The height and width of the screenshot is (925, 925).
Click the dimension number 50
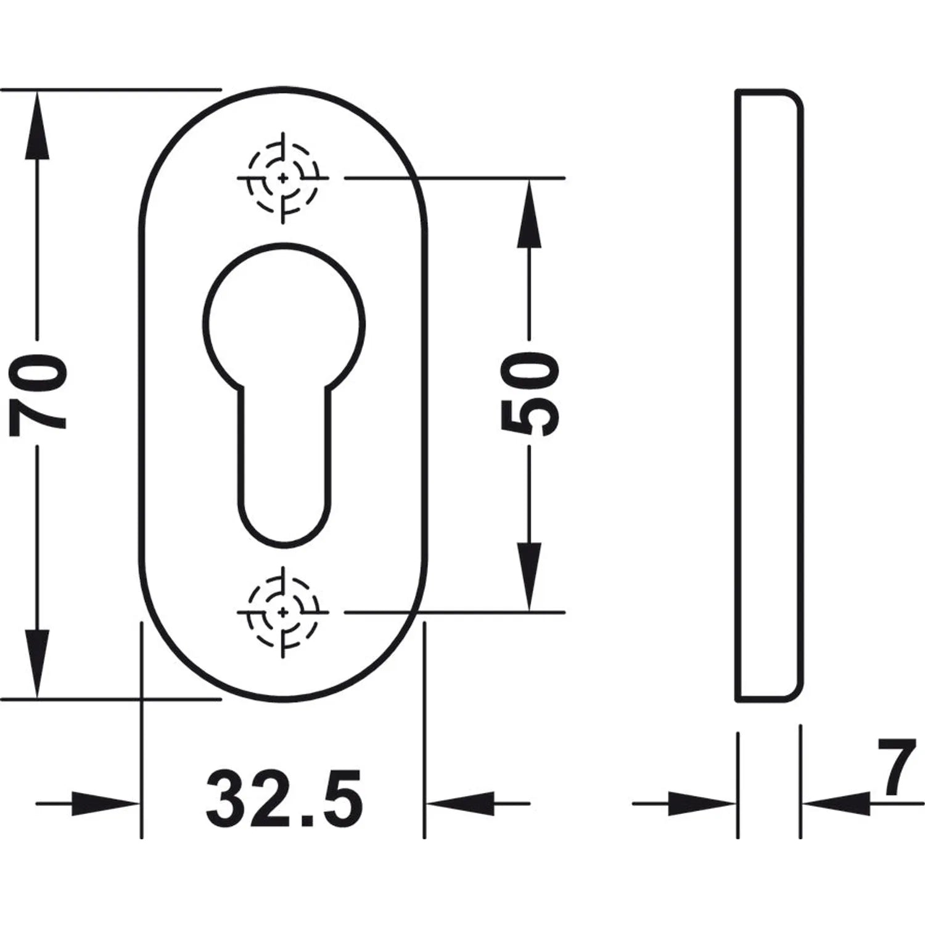[529, 392]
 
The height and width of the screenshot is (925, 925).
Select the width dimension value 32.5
[284, 801]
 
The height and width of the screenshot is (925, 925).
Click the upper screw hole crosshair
[283, 178]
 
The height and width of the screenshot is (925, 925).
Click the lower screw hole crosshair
[283, 612]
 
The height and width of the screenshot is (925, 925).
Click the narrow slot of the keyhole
[283, 462]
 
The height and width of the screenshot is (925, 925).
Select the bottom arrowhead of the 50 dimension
[529, 577]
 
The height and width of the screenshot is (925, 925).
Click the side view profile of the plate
[802, 395]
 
